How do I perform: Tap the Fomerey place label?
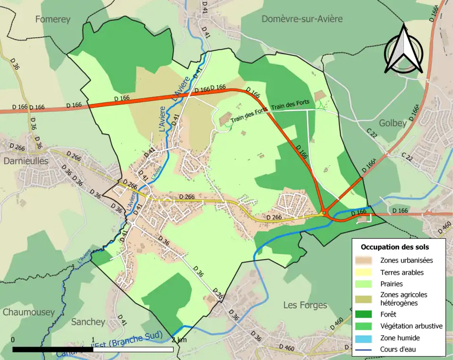click(x=52, y=19)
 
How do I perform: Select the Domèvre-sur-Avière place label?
click(x=302, y=19)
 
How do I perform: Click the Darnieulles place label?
click(x=26, y=160)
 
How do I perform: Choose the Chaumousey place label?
click(x=28, y=312)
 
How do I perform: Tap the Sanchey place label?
click(x=88, y=322)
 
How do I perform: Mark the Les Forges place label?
click(x=305, y=305)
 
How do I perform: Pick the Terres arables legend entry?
click(x=402, y=272)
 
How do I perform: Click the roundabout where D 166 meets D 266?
click(x=325, y=212)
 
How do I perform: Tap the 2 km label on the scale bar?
click(x=179, y=340)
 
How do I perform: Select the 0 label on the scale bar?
click(x=12, y=340)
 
